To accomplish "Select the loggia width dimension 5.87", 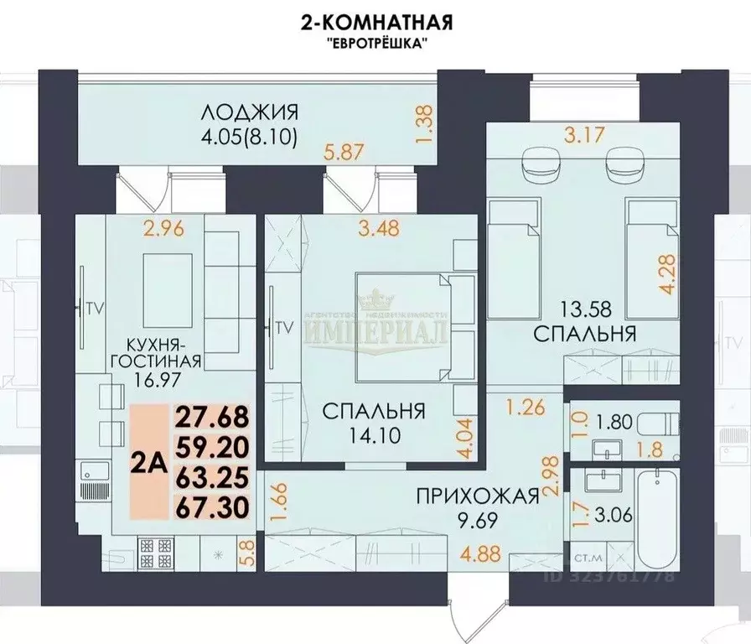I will tap(345, 152).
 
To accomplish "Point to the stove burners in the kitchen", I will tap(156, 553).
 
